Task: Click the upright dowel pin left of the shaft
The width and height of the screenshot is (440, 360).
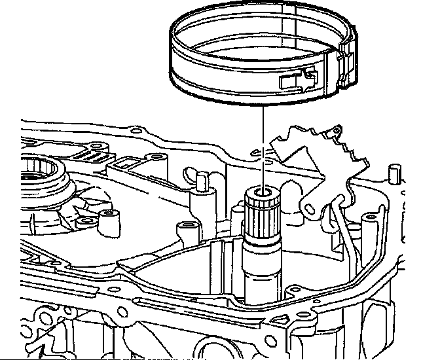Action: [202, 179]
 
